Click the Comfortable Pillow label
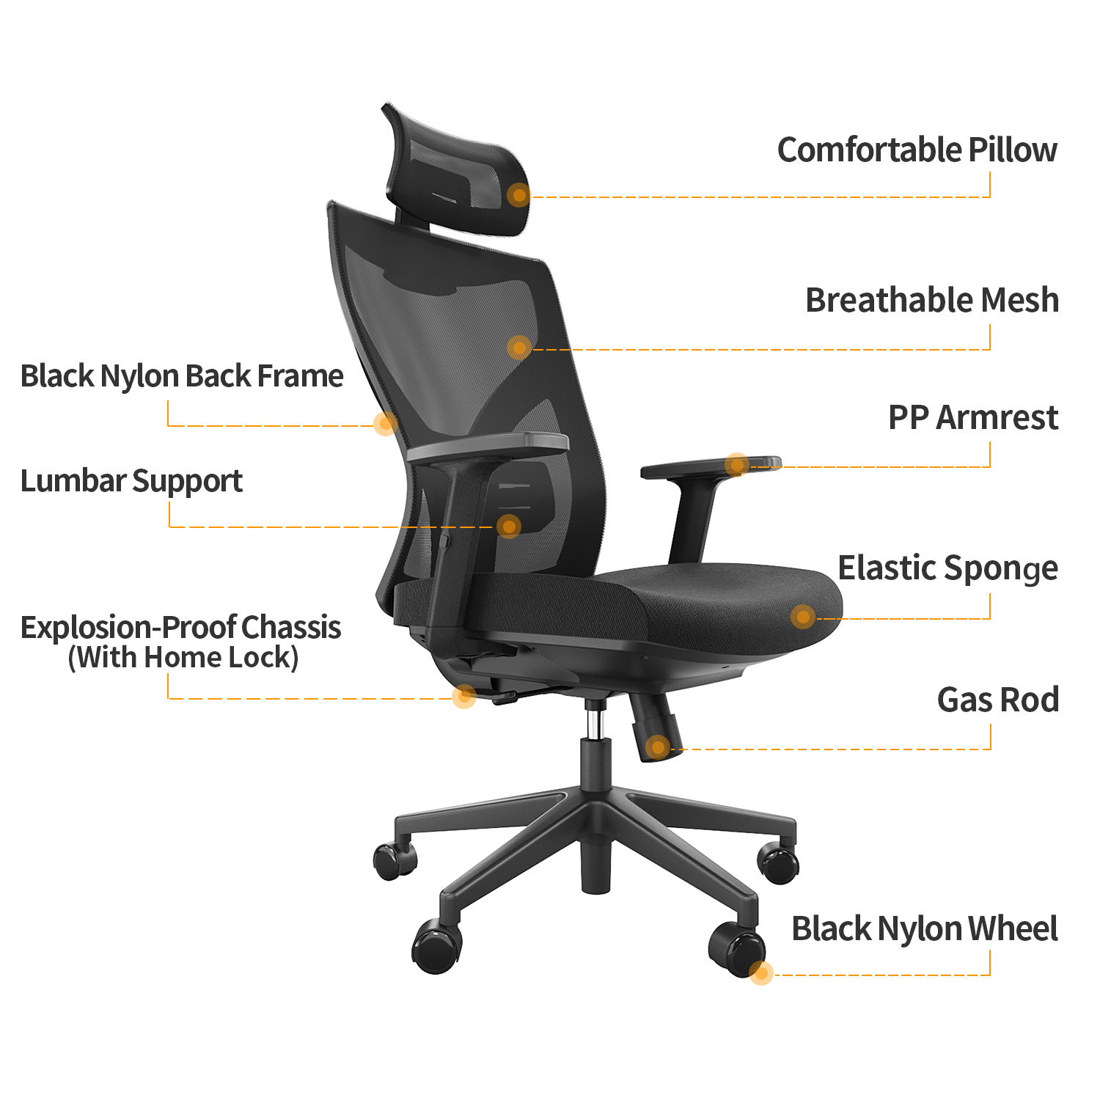click(x=917, y=150)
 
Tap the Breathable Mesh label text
click(x=931, y=301)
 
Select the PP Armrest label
click(x=972, y=418)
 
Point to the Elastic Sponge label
click(x=947, y=568)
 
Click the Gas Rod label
click(x=997, y=700)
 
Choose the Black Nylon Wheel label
click(x=924, y=929)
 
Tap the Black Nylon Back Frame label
click(x=182, y=376)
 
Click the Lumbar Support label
click(x=131, y=481)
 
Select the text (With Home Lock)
click(x=183, y=658)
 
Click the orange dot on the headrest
click(x=519, y=195)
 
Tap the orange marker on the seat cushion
click(x=803, y=616)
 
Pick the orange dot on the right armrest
click(x=737, y=464)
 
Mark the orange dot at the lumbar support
click(x=508, y=526)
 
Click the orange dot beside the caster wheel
click(x=761, y=973)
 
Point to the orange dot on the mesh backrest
click(x=519, y=348)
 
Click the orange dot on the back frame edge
click(x=385, y=423)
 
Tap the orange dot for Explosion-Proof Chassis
click(x=463, y=696)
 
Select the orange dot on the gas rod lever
click(x=658, y=747)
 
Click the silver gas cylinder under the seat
click(x=596, y=722)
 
